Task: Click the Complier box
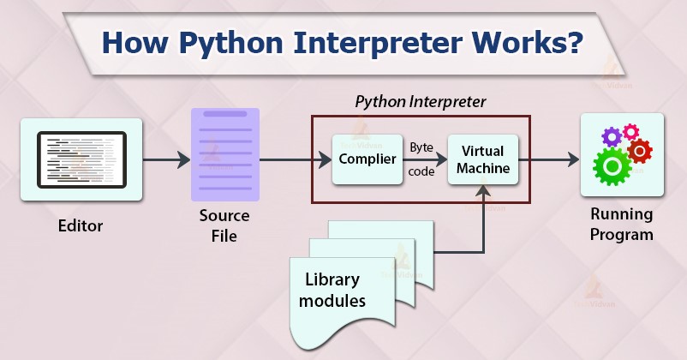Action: pos(367,159)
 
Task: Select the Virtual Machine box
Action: pos(483,159)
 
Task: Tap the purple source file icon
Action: pos(225,154)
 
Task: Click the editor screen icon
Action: pos(82,159)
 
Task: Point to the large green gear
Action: pos(612,166)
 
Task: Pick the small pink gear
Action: pos(631,131)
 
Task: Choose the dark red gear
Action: pos(640,151)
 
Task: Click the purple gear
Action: pos(612,137)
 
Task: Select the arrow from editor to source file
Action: pos(166,159)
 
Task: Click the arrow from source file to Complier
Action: pos(296,159)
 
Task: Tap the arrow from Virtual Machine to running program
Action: pos(549,159)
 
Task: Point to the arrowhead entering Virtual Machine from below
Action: pos(483,191)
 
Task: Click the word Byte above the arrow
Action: pos(421,147)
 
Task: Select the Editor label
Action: pos(81,225)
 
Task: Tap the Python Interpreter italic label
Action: pos(421,102)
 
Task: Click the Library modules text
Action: pos(332,290)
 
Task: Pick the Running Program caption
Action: pos(622,224)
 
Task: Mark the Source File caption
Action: pos(224,225)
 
